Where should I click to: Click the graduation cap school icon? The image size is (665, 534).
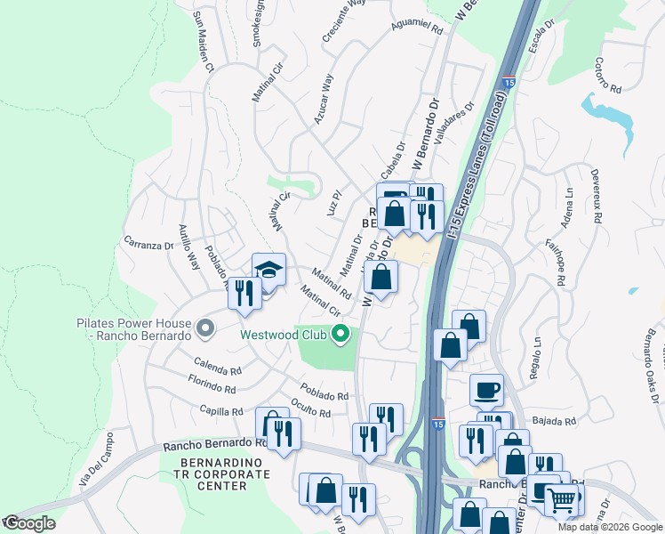click(x=268, y=269)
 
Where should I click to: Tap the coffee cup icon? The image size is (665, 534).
click(x=486, y=389)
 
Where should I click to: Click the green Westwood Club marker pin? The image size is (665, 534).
click(x=339, y=336)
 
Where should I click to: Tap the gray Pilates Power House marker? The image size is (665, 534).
click(x=204, y=329)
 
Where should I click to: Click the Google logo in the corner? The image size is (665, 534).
click(x=28, y=523)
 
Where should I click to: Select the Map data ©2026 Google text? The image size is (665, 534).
click(x=609, y=527)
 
